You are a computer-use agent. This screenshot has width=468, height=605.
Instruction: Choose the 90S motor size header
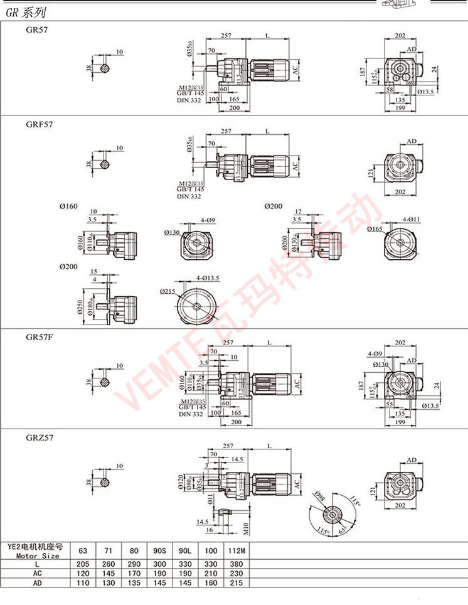tap(161, 551)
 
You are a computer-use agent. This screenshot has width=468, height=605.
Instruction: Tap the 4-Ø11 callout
tap(408, 219)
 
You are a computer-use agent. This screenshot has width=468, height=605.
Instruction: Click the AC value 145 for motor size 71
tap(109, 574)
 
